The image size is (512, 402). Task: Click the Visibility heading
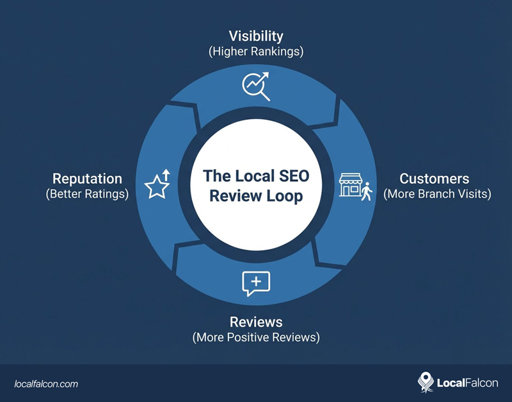256,36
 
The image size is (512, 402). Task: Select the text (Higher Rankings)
256,51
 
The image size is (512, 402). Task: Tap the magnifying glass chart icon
255,86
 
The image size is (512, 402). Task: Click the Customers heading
435,179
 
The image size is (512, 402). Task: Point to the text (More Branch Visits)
437,194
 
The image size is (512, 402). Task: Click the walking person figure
366,191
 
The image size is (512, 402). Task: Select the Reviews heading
256,321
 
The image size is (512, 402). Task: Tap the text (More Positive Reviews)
256,337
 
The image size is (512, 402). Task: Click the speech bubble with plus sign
256,283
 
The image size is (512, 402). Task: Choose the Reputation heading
86,179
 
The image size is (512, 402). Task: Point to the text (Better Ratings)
87,194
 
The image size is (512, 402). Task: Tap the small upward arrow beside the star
166,174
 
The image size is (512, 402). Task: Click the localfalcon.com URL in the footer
46,383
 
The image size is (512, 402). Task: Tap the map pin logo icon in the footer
425,383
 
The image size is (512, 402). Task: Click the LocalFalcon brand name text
467,383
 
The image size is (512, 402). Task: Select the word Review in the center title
234,195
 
